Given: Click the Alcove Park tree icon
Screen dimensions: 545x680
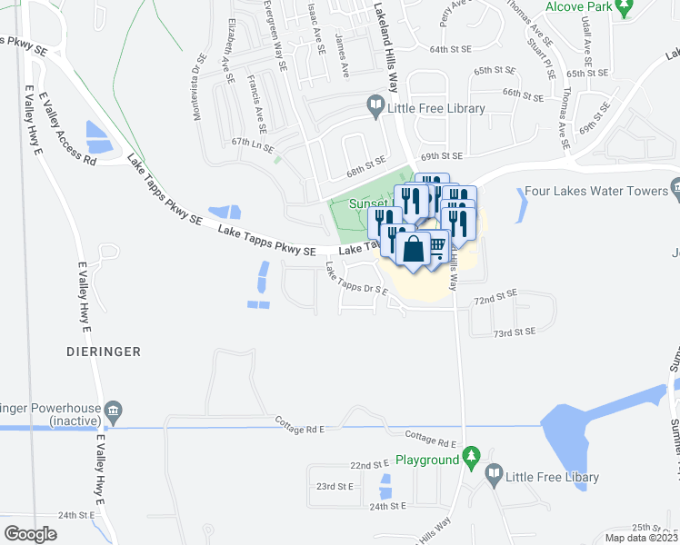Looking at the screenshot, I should click(624, 8).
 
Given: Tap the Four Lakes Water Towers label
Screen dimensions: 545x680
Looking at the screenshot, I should click(596, 192).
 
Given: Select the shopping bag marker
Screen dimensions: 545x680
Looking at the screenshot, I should click(413, 250).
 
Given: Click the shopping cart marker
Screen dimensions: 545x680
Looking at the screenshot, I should click(437, 244).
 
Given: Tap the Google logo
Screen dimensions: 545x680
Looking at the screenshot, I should click(30, 533).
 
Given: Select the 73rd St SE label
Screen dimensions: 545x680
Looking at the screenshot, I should click(515, 333).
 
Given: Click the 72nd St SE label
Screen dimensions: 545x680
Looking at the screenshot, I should click(495, 298).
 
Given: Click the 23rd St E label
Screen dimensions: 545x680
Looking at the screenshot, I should click(335, 486).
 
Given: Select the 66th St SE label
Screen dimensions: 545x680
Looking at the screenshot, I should click(523, 94).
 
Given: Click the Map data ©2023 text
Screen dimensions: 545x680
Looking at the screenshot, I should click(641, 538).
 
